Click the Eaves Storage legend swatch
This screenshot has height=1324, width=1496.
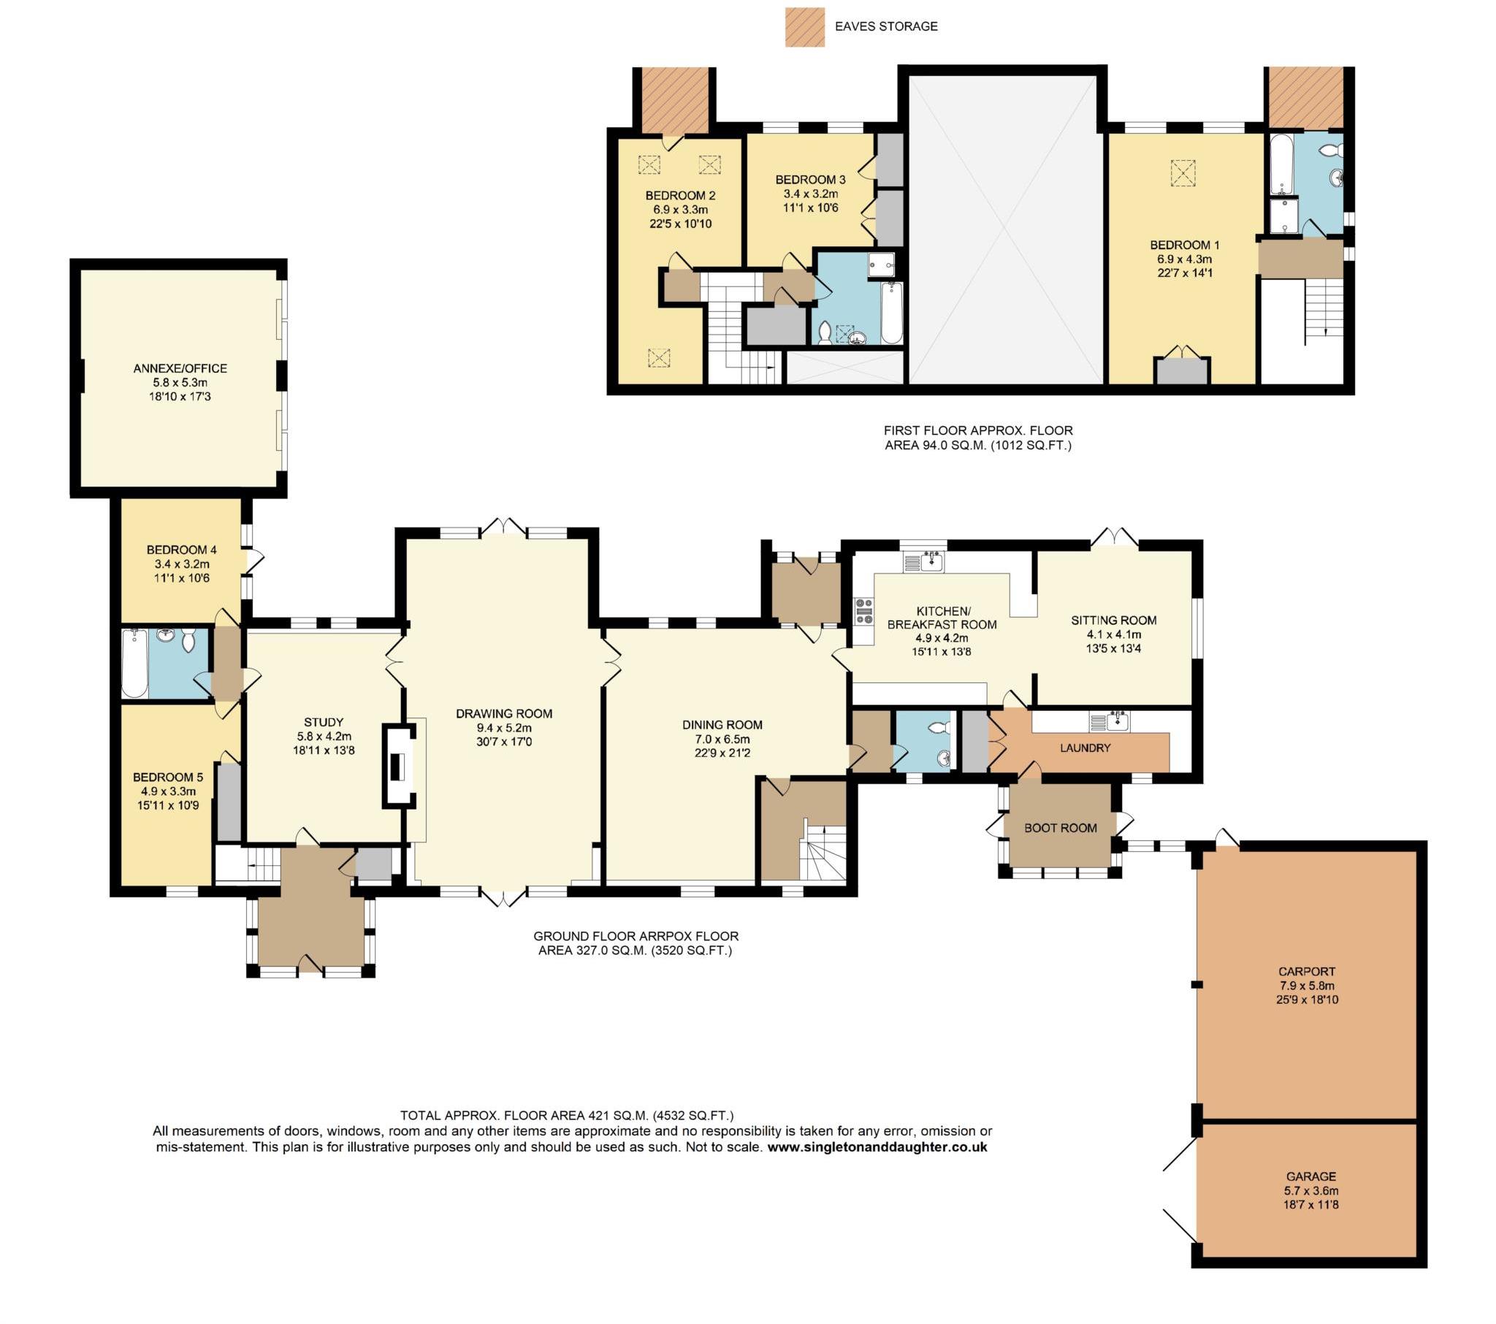click(804, 27)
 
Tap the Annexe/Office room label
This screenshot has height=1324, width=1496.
click(180, 368)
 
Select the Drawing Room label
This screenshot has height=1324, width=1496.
click(503, 713)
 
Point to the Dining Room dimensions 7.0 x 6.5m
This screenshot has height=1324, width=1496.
click(722, 739)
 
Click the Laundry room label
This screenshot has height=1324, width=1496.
click(1085, 747)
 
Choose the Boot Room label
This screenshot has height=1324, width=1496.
click(1060, 827)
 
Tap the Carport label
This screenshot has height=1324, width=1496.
click(1306, 972)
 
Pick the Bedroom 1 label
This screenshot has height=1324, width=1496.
click(1184, 245)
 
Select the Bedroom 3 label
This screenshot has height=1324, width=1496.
click(810, 180)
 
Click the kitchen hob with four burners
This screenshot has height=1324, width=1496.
click(863, 611)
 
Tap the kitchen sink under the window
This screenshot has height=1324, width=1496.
click(924, 562)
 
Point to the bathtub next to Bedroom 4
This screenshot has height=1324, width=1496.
click(134, 663)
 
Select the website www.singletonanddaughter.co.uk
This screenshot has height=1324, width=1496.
click(877, 1146)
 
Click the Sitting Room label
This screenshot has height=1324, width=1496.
click(1113, 620)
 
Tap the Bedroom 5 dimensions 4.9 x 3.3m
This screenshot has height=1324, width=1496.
click(168, 791)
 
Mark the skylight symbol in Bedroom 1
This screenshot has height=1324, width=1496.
click(1180, 173)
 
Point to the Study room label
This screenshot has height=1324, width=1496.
click(323, 722)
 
